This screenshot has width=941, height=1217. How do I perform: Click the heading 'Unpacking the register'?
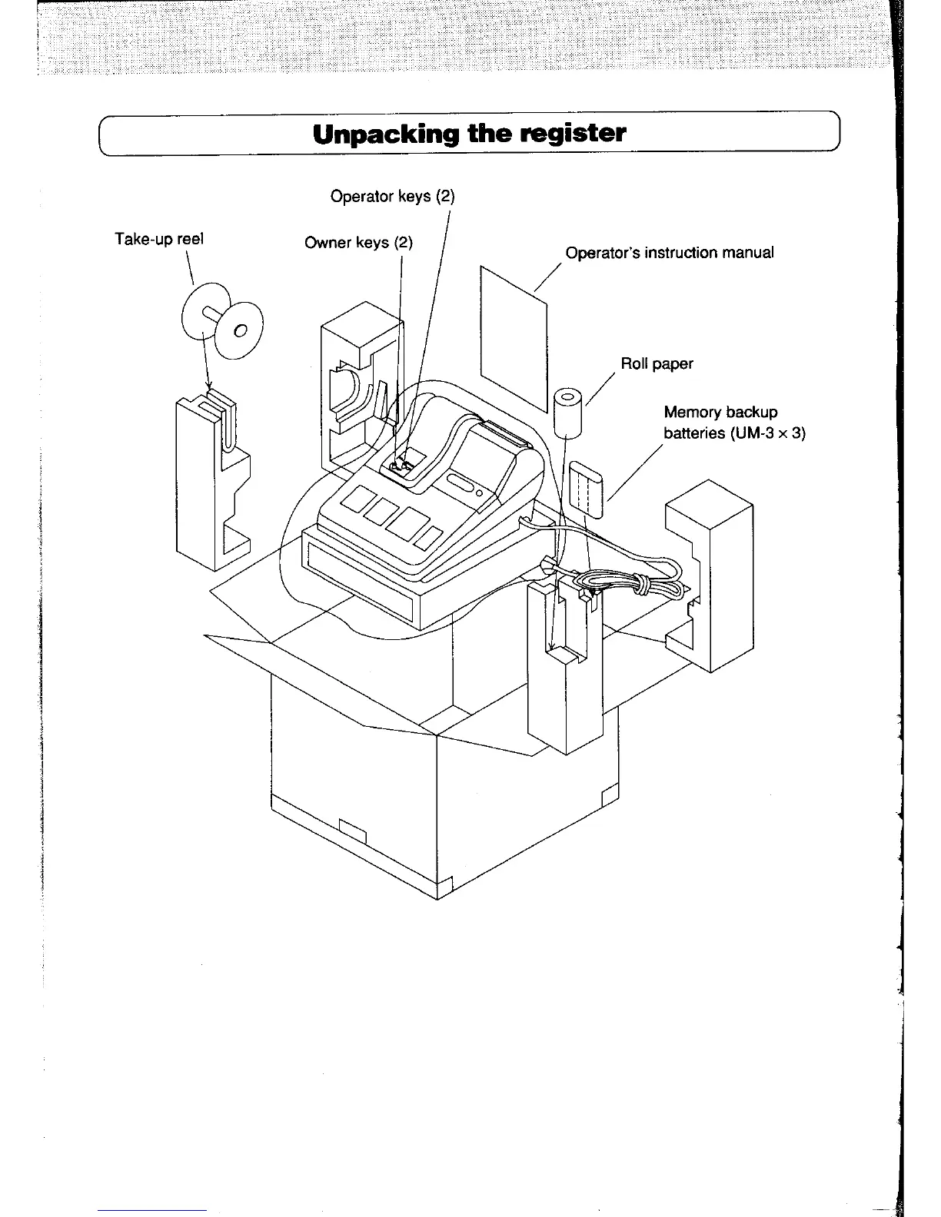469,134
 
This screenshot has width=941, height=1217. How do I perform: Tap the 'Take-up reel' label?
158,238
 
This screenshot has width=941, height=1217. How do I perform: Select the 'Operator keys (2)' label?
392,196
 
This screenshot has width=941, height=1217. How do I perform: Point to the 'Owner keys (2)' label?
358,243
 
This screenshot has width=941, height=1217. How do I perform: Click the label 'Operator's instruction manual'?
669,253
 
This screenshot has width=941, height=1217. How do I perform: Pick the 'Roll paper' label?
657,363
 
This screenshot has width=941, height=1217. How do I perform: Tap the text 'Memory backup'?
720,412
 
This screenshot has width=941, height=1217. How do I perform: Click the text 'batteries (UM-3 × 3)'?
734,433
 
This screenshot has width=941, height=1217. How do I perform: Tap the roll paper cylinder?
568,410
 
